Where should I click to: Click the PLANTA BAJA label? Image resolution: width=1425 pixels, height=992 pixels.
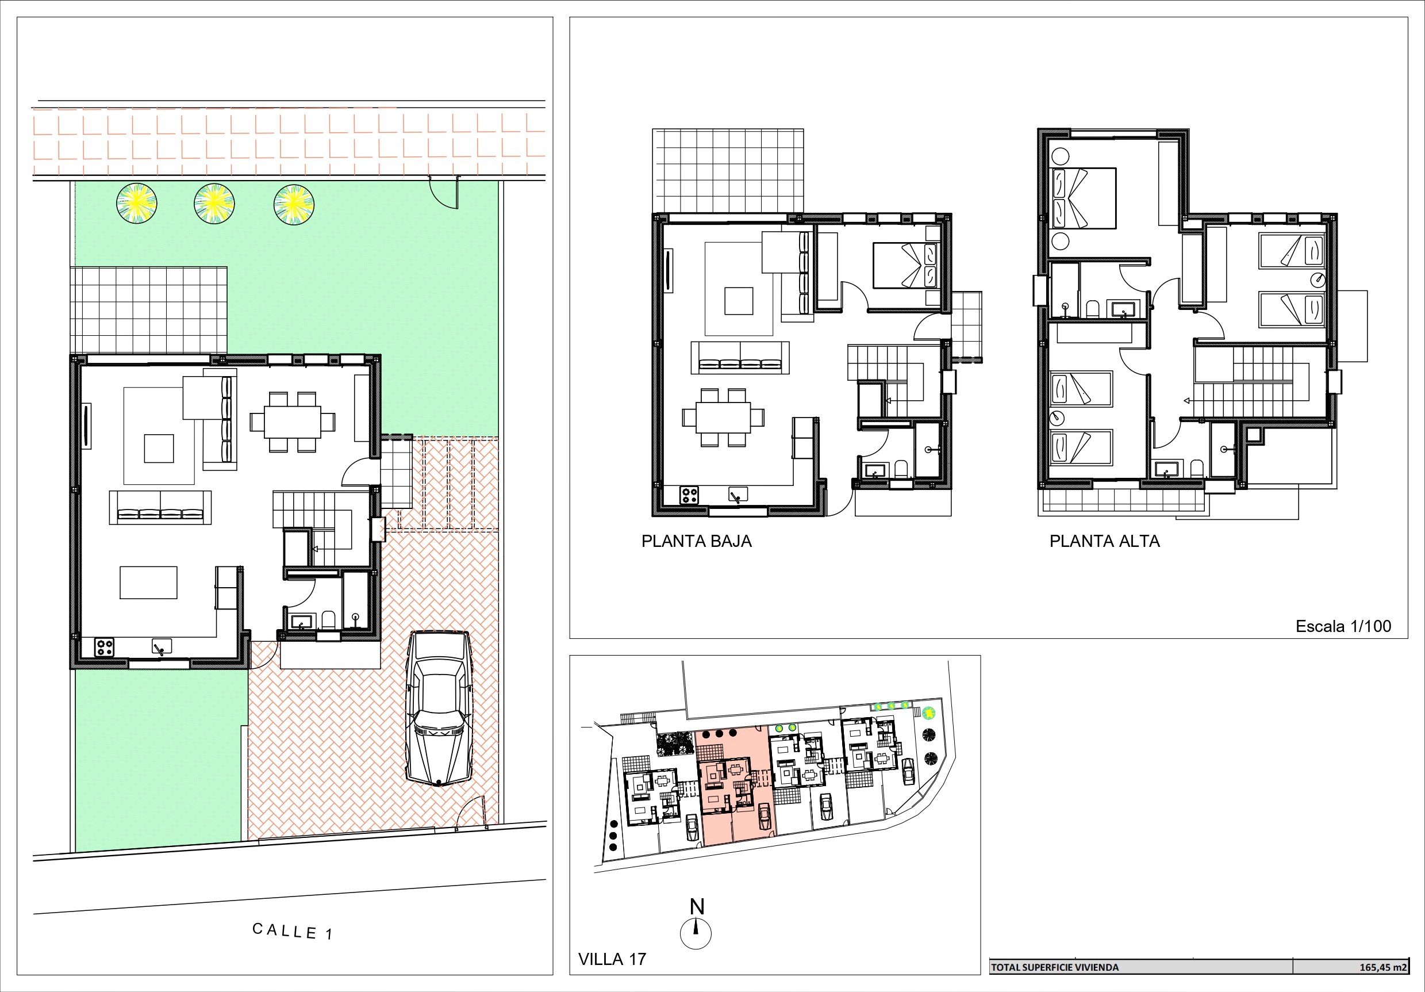[696, 541]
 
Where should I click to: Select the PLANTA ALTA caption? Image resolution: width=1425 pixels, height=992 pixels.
[1105, 541]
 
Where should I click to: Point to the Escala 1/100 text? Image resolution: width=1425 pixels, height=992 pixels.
[1343, 626]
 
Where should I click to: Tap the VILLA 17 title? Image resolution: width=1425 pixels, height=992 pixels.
[612, 959]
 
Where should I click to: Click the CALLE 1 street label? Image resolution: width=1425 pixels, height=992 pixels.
[293, 931]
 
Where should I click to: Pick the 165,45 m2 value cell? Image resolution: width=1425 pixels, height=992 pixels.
[1383, 967]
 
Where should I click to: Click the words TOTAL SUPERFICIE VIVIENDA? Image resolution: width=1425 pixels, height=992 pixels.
[1054, 967]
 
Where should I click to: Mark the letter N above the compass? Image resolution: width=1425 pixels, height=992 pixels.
[697, 907]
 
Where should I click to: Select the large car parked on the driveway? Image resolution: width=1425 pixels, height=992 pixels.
[438, 709]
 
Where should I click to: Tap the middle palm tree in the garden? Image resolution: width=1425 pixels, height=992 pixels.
[214, 204]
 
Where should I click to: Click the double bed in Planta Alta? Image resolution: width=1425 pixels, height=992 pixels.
[1082, 198]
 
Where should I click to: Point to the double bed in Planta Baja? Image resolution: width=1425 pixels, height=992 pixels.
[907, 266]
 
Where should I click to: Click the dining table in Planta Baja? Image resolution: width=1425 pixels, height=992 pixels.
[723, 417]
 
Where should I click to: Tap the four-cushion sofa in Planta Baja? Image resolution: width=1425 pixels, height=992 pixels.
[740, 358]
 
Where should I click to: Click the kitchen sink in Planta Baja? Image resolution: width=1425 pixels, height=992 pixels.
[738, 495]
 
